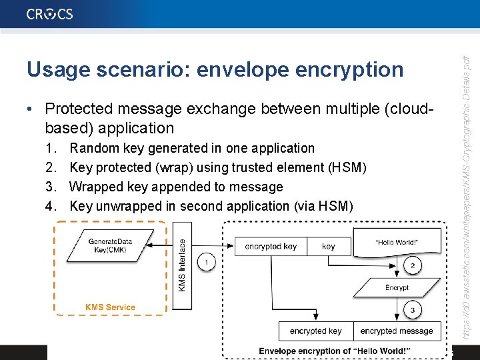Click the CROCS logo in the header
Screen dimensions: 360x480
pyautogui.click(x=50, y=14)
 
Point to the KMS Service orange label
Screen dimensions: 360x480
pyautogui.click(x=110, y=307)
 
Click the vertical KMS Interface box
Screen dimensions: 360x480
pyautogui.click(x=181, y=265)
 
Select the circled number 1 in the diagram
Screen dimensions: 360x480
pyautogui.click(x=207, y=263)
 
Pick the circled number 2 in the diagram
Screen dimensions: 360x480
pyautogui.click(x=412, y=265)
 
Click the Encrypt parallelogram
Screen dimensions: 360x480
pyautogui.click(x=397, y=287)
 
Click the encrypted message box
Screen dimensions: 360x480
pyautogui.click(x=397, y=331)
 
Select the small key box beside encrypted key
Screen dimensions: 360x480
pyautogui.click(x=328, y=246)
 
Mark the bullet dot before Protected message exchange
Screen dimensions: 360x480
pyautogui.click(x=32, y=109)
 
